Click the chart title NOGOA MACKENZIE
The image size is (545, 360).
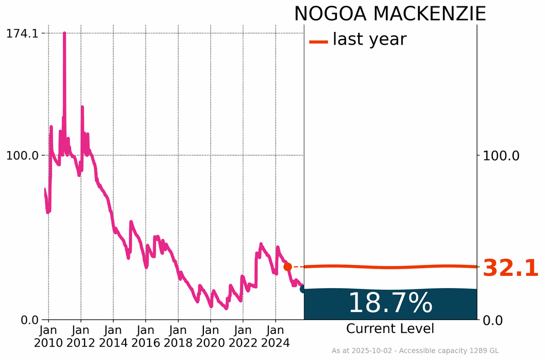(390, 14)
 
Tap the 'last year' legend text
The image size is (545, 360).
(369, 39)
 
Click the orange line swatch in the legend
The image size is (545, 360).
(318, 41)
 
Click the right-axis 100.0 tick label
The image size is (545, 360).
(501, 156)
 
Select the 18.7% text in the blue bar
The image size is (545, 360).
(390, 303)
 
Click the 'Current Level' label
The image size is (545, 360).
(390, 329)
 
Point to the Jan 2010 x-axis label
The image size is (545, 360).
(48, 336)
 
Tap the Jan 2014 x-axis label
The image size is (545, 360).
(113, 336)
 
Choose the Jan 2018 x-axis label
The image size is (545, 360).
(178, 336)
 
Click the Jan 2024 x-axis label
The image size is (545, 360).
(275, 336)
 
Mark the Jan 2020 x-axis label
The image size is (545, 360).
(211, 336)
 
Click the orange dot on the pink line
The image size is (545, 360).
(287, 267)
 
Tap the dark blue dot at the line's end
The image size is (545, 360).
(303, 289)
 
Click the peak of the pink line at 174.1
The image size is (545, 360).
(64, 34)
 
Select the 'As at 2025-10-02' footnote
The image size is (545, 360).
(415, 351)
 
